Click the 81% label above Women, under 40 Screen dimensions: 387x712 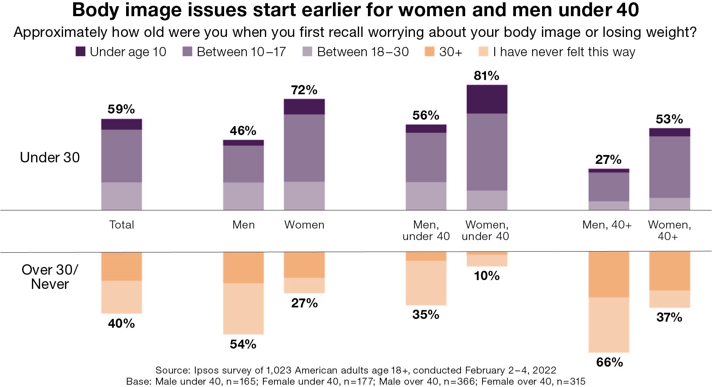coord(486,76)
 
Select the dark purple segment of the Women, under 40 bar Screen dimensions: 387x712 coord(487,99)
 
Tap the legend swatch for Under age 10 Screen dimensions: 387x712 coord(80,52)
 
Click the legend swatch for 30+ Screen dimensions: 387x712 coord(429,52)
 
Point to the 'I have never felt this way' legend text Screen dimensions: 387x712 coord(564,52)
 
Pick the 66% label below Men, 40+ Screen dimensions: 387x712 coord(609,362)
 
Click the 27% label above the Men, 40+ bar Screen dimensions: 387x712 coord(608,159)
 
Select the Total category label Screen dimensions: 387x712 coord(121,225)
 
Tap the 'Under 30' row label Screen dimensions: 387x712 coord(50,157)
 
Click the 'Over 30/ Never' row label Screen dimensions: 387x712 coord(50,277)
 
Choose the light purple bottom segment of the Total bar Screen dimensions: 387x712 coord(121,196)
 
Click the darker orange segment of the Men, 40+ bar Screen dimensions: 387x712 coord(609,274)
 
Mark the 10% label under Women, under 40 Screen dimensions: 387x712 coord(487,276)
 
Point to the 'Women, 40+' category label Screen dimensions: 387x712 coord(669,230)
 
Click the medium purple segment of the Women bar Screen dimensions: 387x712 coord(304,148)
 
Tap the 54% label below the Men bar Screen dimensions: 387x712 coord(243,344)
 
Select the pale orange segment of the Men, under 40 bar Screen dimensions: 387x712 coord(426,283)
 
